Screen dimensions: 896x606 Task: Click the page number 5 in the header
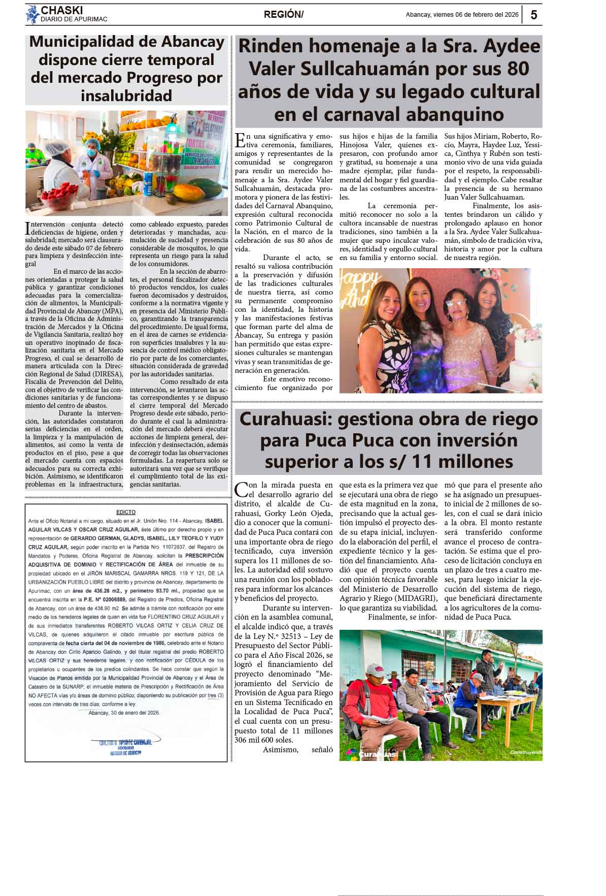tap(533, 15)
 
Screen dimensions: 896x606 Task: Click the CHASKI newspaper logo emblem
tap(32, 14)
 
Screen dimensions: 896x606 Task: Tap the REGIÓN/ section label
tap(283, 15)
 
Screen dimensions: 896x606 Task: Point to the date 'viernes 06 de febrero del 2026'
tap(476, 15)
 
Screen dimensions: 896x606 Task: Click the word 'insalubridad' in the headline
tap(126, 95)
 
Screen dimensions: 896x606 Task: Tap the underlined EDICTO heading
tap(126, 512)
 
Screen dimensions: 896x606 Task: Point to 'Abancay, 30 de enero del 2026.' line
tap(124, 713)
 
